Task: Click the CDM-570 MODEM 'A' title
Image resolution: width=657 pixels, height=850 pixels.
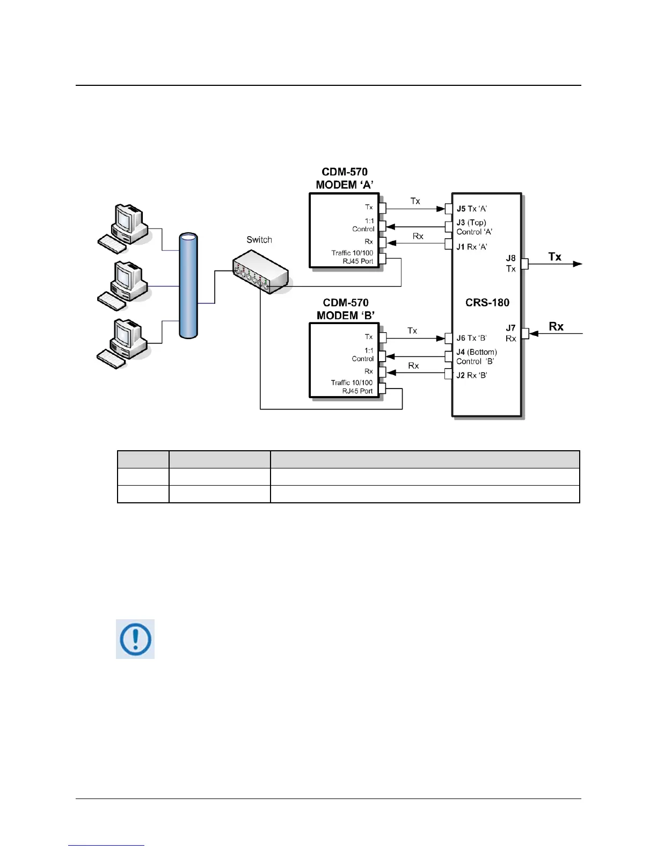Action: coord(345,178)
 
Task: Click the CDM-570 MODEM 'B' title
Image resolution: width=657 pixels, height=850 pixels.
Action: coord(345,309)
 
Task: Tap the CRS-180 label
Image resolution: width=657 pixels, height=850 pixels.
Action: coord(487,303)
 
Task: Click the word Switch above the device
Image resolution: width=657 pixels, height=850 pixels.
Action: coord(259,240)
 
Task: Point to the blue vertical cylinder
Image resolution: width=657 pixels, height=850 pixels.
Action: coord(188,286)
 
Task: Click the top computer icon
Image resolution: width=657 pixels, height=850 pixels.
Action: coord(123,228)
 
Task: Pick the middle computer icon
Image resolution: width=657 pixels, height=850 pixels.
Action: coord(123,285)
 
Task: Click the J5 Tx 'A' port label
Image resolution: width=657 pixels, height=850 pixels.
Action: coord(471,209)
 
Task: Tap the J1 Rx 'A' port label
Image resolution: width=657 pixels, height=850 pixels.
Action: coord(471,247)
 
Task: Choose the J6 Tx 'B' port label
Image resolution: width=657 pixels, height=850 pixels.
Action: coord(471,338)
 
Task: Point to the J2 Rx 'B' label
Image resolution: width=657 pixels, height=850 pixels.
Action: coord(471,375)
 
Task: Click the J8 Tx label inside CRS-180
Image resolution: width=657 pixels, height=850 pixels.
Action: coord(510,263)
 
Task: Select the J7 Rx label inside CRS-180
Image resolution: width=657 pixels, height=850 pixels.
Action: coord(510,333)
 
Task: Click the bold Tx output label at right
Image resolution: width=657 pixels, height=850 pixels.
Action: coord(554,257)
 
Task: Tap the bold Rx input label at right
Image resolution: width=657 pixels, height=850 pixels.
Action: coord(556,327)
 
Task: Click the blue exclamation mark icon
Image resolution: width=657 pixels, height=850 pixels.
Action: coord(135,639)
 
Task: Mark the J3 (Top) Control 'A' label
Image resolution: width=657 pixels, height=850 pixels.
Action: coord(474,227)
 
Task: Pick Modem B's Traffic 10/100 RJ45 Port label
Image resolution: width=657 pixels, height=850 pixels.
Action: coord(352,387)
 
